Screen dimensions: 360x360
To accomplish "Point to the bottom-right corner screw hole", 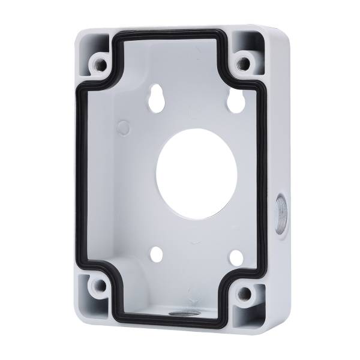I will point(245,294).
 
